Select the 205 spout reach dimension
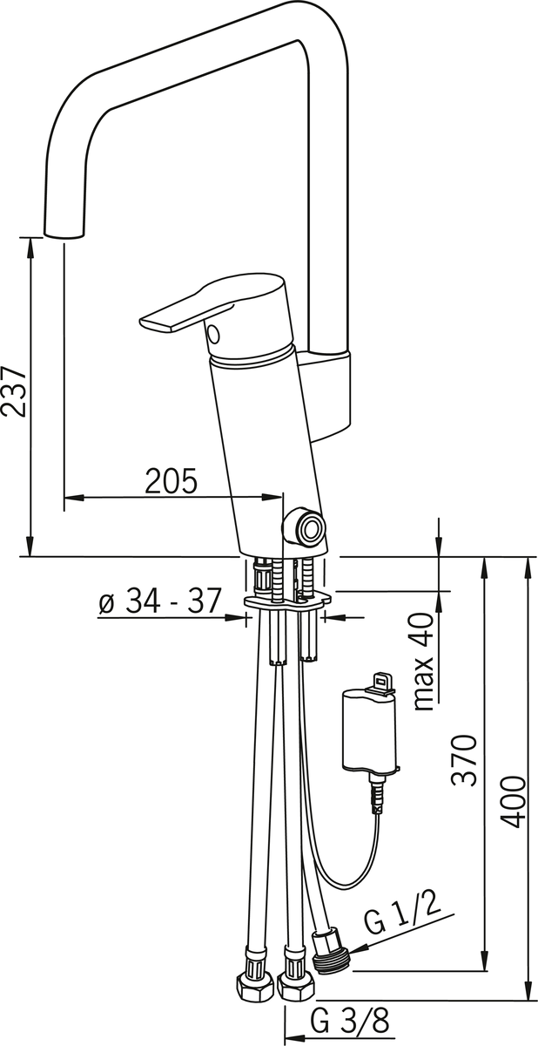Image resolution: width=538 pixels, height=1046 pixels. point(171,481)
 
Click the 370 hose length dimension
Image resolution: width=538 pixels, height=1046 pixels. point(465,760)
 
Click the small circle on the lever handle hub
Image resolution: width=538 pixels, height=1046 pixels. point(213,334)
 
